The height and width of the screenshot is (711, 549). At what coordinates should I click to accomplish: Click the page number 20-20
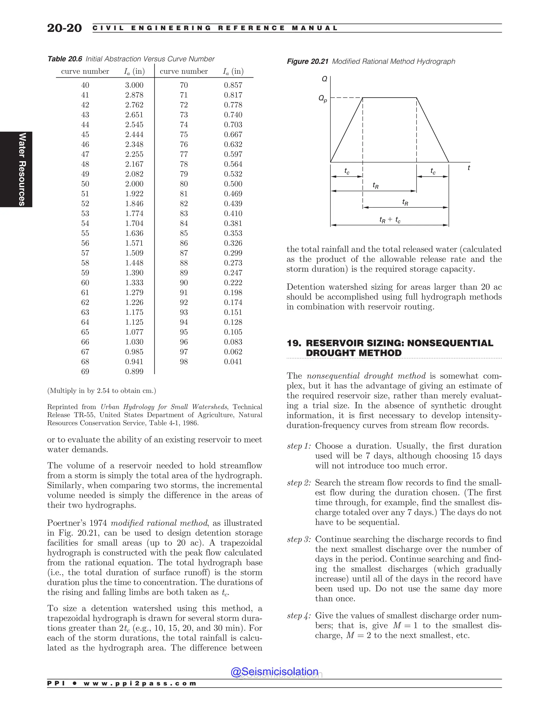(x=64, y=28)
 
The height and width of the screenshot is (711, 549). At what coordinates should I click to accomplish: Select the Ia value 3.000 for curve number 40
(x=134, y=85)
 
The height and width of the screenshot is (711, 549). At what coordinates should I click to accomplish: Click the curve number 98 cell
(x=184, y=362)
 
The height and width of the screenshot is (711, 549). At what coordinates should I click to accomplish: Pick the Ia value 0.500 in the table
(x=233, y=184)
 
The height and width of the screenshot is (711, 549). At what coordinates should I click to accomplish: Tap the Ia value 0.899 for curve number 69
(x=134, y=371)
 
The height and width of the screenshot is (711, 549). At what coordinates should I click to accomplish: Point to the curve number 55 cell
(x=85, y=233)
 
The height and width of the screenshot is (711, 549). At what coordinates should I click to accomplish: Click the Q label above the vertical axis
(x=324, y=79)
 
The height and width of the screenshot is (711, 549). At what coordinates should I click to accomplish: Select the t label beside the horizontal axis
(x=468, y=168)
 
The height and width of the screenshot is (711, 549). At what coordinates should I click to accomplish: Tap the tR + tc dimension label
(x=390, y=220)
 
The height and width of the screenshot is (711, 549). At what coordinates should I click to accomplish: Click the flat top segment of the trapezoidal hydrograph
(x=390, y=97)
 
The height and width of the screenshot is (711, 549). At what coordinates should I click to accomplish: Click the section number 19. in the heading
(x=294, y=343)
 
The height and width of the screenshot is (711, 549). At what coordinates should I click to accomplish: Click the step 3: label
(x=299, y=540)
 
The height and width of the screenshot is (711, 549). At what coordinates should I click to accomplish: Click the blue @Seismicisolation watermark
(x=274, y=672)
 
